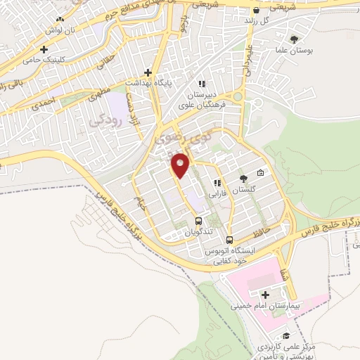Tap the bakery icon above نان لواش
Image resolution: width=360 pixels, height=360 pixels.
tap(60, 20)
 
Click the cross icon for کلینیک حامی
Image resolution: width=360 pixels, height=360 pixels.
tap(45, 50)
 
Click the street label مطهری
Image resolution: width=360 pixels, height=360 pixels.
tap(101, 93)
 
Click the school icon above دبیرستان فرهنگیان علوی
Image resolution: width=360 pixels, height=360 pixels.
tap(202, 84)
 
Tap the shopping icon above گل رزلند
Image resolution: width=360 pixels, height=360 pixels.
tap(256, 10)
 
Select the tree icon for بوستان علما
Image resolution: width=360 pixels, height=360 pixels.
tap(293, 39)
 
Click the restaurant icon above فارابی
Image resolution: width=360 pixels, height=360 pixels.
tap(217, 182)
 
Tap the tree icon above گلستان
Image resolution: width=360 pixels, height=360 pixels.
tap(243, 179)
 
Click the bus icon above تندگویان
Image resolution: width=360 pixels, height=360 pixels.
tap(198, 221)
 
